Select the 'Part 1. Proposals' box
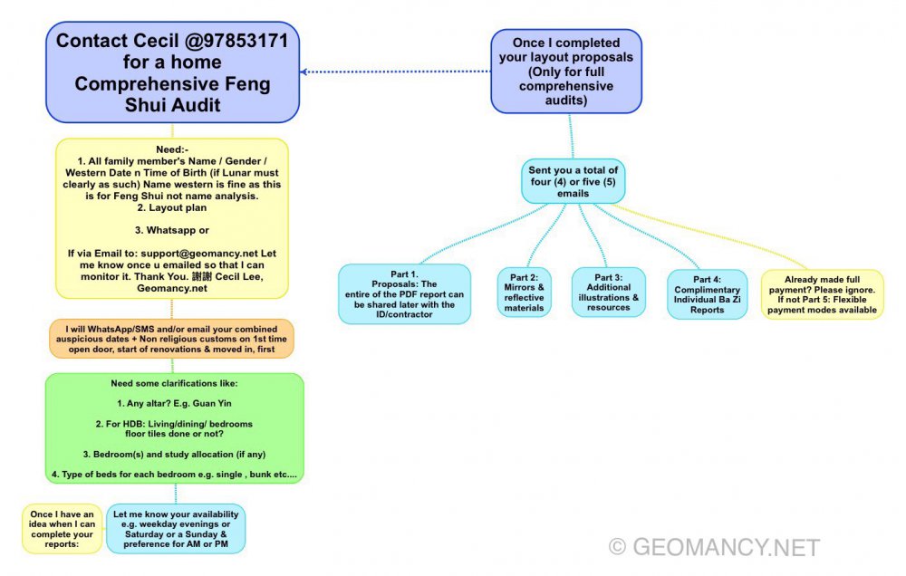[x=404, y=293]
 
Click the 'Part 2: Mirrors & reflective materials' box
[x=525, y=293]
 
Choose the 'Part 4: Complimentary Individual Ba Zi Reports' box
[x=707, y=294]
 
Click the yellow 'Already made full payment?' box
[x=822, y=294]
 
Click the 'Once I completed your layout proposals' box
[x=565, y=71]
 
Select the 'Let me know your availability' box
[x=176, y=528]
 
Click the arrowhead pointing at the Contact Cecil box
[x=305, y=72]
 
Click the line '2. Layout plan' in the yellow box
[x=172, y=207]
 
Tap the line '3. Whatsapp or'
[x=172, y=230]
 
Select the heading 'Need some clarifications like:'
[x=175, y=383]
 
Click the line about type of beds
[x=175, y=474]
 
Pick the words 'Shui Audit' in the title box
[x=172, y=105]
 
